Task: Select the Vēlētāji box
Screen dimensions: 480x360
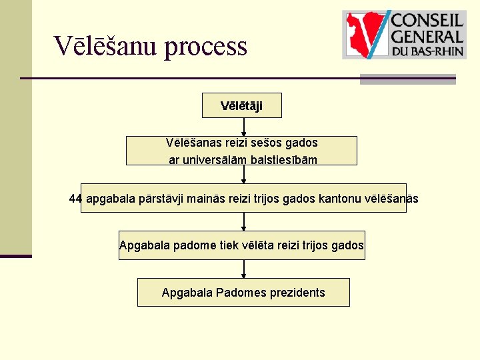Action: [241, 106]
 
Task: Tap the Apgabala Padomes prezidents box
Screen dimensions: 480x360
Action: [243, 293]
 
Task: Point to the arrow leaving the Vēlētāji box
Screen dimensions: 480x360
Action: [244, 127]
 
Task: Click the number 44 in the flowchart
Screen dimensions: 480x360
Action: [76, 199]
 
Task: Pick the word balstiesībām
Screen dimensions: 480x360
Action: [283, 160]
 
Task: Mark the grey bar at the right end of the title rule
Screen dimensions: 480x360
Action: [408, 79]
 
